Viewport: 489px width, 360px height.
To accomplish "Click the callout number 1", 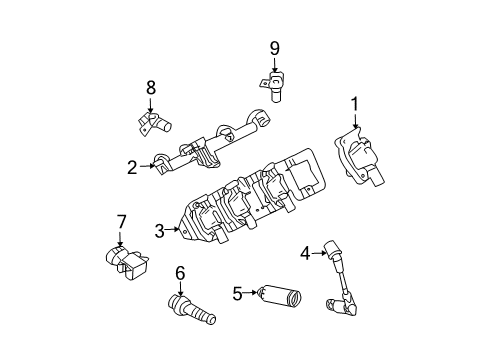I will [353, 102].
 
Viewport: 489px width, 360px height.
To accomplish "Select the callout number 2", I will [132, 167].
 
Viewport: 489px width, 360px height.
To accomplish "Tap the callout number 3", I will [160, 231].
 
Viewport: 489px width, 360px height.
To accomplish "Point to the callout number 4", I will [305, 253].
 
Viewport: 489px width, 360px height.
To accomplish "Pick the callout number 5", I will [237, 293].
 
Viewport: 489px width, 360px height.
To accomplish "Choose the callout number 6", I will [180, 271].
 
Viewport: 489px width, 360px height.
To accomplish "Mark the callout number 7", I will [120, 221].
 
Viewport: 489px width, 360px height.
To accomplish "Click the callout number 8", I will [151, 87].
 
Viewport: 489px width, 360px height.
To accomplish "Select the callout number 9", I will [274, 46].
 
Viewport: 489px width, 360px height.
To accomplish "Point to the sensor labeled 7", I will [125, 260].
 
